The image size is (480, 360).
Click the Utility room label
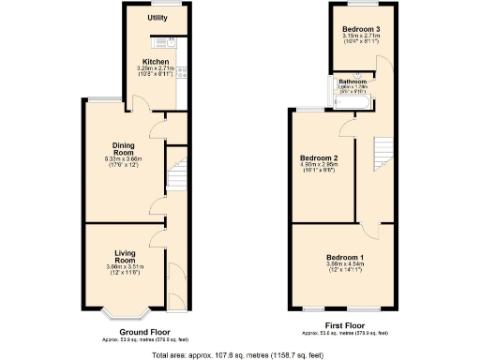click(157, 18)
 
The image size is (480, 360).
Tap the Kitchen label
click(156, 62)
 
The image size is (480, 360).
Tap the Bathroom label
click(352, 82)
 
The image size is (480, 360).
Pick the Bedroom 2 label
click(319, 157)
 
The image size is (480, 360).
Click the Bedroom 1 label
click(342, 257)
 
